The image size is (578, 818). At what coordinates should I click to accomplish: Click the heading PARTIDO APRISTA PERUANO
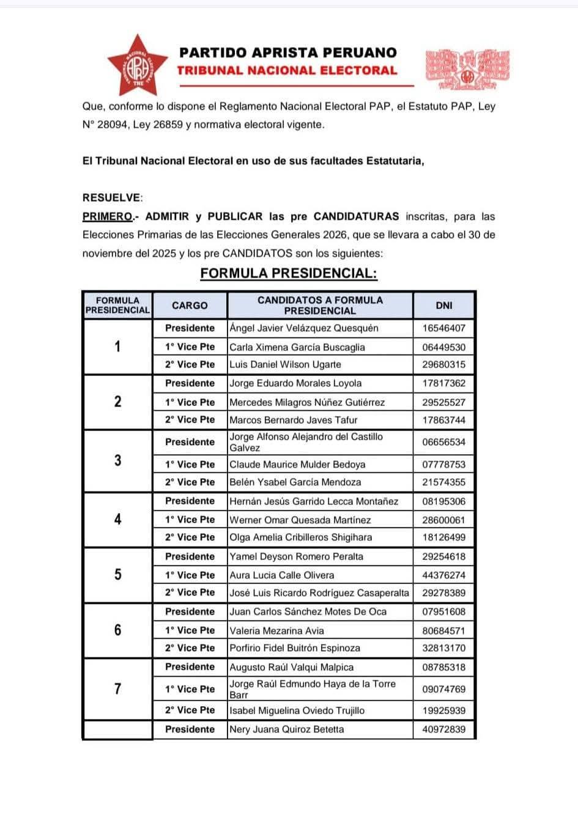[x=288, y=53]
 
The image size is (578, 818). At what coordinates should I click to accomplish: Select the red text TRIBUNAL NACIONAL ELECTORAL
[x=287, y=70]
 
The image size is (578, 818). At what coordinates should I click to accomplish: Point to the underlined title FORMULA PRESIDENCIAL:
[x=289, y=273]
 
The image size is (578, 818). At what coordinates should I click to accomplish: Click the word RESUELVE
[x=112, y=197]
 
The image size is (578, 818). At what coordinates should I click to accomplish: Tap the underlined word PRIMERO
[x=108, y=216]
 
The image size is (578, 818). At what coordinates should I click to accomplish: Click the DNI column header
[x=444, y=305]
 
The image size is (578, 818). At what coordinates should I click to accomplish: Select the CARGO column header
[x=190, y=305]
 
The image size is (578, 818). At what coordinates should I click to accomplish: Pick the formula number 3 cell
[x=117, y=460]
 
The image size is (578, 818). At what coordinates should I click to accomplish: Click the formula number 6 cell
[x=117, y=630]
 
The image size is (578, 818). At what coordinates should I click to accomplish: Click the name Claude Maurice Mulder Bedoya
[x=297, y=464]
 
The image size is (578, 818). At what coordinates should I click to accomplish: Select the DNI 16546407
[x=444, y=328]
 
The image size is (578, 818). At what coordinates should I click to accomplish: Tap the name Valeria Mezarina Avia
[x=276, y=630]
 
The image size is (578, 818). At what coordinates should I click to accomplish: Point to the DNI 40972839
[x=444, y=729]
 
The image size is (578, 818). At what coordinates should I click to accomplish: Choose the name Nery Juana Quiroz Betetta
[x=287, y=729]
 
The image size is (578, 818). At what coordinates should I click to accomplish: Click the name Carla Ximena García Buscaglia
[x=297, y=347]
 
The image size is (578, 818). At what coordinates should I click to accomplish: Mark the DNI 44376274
[x=444, y=575]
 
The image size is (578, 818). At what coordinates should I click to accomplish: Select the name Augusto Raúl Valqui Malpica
[x=291, y=667]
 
